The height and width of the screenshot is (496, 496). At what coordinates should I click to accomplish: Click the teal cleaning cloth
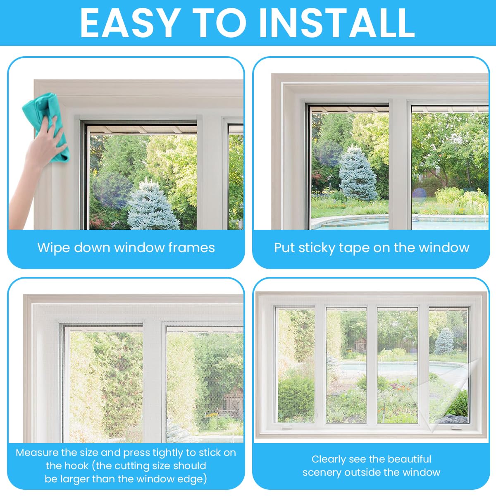tap(46, 127)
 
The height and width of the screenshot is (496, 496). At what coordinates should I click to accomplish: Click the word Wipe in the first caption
tap(53, 248)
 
